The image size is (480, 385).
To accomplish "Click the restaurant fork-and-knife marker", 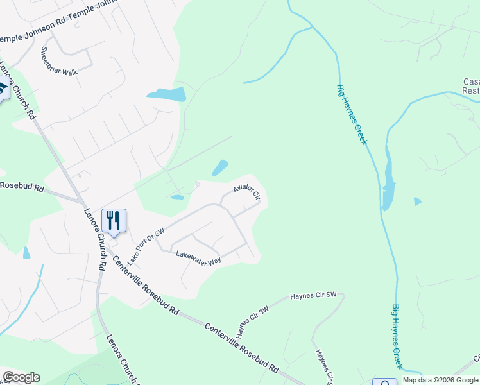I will [114, 221].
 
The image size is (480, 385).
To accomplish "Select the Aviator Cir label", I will [246, 190].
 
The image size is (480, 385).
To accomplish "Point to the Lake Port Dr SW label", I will [146, 246].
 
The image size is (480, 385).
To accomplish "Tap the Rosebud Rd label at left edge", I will [21, 187].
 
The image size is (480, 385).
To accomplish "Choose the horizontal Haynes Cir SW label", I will [313, 295].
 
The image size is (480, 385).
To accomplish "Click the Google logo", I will [21, 377].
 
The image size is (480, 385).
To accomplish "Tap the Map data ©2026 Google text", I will [440, 381].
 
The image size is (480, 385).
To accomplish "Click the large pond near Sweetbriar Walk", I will [167, 95].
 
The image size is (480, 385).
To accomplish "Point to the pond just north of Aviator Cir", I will [220, 168].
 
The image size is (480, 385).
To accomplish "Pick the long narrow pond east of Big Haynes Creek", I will [388, 176].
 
